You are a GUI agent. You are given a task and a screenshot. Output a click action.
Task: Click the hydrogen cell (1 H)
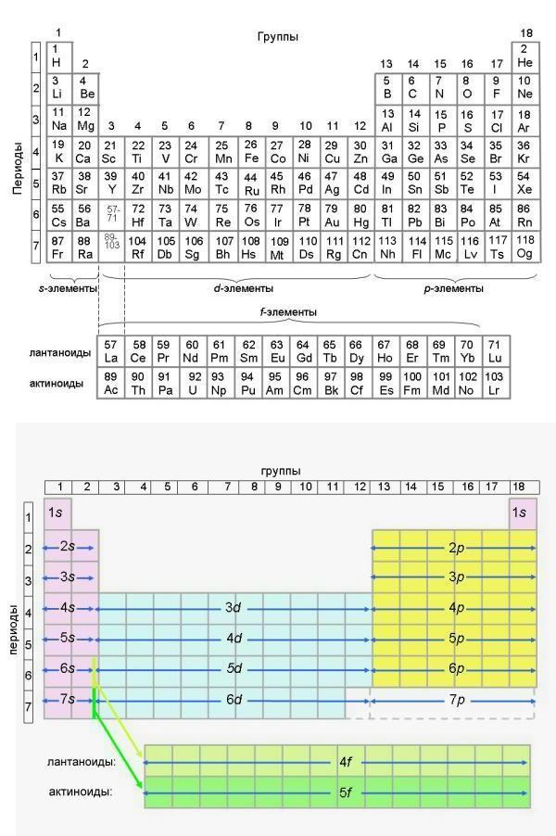point(57,55)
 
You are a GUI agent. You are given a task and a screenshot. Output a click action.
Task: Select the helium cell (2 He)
point(524,55)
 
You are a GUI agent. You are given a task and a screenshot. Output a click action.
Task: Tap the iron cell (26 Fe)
point(250,151)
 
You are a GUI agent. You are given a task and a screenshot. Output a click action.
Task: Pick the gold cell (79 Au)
point(331,215)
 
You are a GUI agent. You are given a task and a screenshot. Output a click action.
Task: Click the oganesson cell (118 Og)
point(524,247)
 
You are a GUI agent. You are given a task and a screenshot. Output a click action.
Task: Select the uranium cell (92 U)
point(193,383)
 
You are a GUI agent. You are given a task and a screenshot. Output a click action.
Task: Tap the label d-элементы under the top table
point(238,287)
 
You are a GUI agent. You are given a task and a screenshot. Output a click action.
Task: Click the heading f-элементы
point(289,311)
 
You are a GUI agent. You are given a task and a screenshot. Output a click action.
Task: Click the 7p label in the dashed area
point(454,700)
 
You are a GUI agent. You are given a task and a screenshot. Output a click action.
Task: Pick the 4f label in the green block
point(347,763)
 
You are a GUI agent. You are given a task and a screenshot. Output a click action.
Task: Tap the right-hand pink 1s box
point(522,513)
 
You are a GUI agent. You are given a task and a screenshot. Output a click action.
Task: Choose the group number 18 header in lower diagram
point(522,486)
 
